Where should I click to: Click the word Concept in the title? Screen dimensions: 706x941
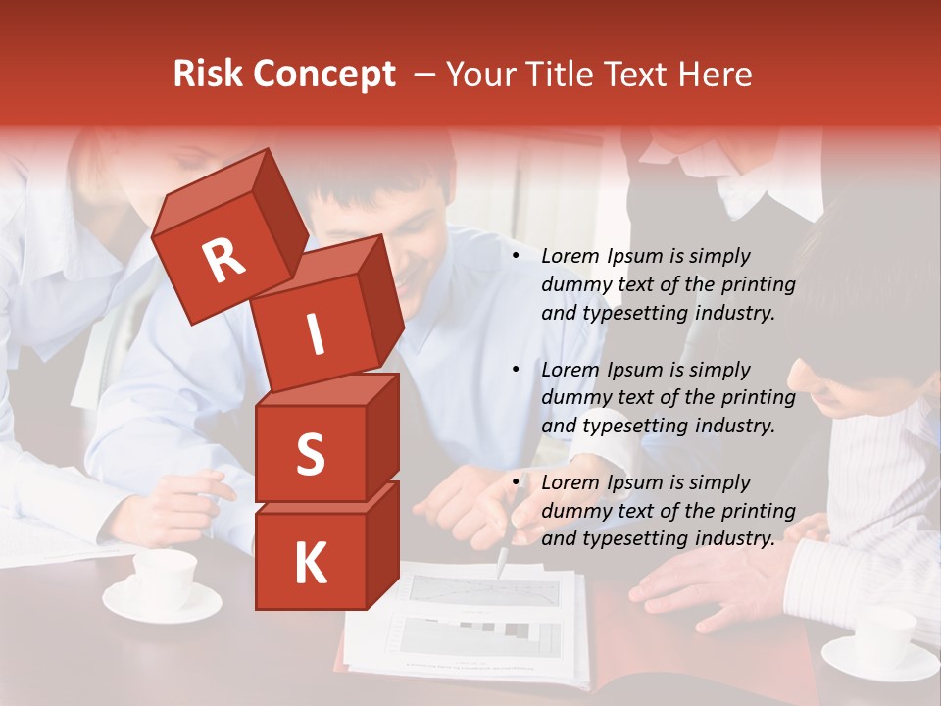click(324, 75)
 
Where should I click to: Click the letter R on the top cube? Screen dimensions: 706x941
click(223, 260)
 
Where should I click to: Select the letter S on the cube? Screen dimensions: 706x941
click(310, 454)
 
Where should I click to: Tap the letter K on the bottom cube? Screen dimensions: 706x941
click(310, 564)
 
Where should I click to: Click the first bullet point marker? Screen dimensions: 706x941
click(517, 256)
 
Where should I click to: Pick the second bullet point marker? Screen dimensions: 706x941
click(517, 370)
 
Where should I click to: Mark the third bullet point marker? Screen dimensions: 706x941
click(517, 482)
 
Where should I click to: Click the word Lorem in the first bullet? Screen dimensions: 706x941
click(569, 256)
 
